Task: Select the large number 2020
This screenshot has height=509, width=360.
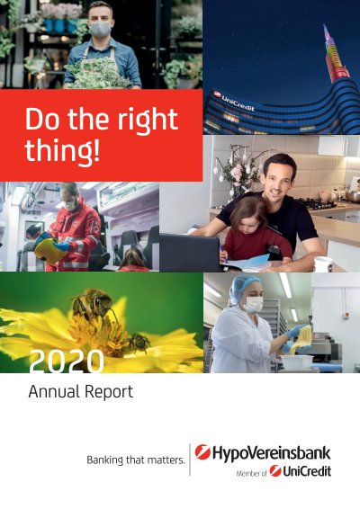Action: (67, 362)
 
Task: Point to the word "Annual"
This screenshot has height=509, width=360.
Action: (55, 391)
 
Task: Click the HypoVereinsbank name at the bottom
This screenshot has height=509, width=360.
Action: (272, 453)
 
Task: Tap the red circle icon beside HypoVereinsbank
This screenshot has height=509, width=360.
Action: (202, 452)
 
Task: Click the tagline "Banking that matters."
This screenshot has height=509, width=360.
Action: (136, 460)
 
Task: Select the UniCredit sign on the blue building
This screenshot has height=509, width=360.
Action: (235, 102)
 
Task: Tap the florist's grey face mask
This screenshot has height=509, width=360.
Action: (100, 30)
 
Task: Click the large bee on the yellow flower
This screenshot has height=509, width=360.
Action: (93, 306)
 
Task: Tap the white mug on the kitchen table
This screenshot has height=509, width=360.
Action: (324, 263)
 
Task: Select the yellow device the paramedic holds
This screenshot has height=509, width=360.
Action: (49, 249)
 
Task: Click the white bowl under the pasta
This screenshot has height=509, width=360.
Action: (297, 361)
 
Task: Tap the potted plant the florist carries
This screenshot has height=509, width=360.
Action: (97, 74)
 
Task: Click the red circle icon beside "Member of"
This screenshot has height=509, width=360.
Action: (275, 471)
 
